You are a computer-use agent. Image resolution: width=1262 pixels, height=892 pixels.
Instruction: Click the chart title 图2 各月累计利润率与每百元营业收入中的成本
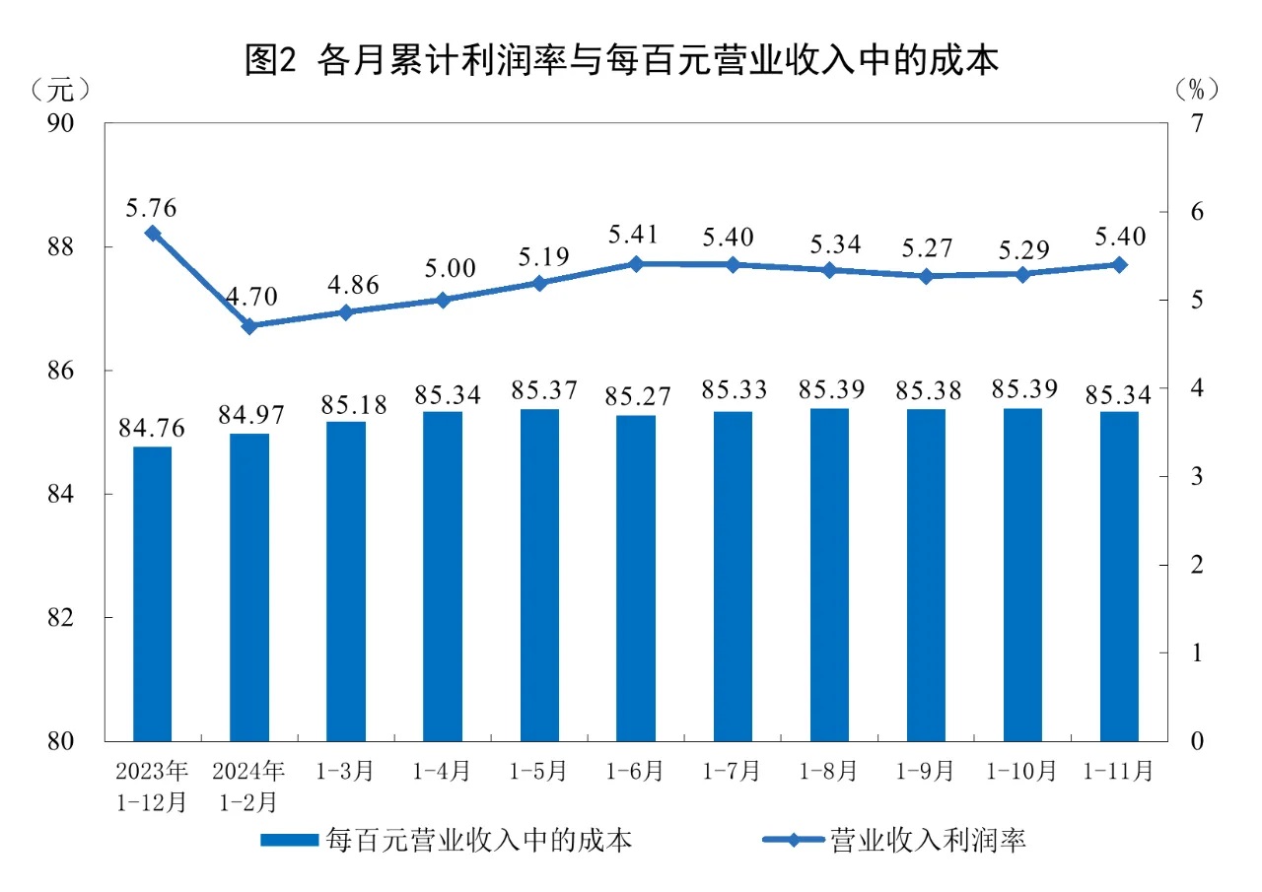point(622,61)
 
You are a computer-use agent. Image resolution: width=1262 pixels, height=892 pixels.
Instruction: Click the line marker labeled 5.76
point(153,234)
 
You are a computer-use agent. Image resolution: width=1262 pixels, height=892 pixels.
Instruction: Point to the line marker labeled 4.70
point(249,326)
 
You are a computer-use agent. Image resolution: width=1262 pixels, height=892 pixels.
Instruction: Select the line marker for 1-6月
point(636,264)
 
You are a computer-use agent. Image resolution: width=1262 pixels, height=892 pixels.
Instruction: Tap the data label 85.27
point(636,398)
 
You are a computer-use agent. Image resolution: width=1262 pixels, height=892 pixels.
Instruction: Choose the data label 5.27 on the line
point(926,249)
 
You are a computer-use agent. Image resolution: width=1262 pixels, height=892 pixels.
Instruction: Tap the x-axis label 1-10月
point(1022,770)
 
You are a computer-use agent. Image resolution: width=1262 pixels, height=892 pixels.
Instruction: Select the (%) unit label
point(1197,90)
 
